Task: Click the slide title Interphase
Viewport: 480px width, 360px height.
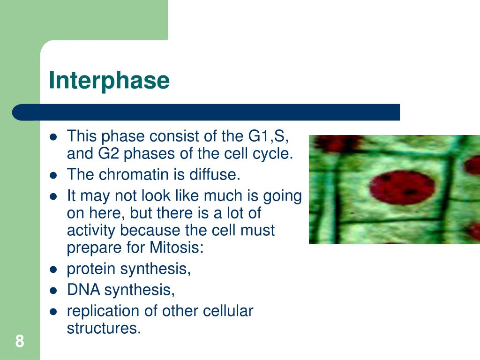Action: [x=109, y=80]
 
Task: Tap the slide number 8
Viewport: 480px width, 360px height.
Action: [x=20, y=341]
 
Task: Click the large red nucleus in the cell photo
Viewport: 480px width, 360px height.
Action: [x=402, y=187]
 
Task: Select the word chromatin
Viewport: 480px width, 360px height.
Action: [x=134, y=174]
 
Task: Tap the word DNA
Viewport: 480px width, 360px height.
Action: [x=83, y=290]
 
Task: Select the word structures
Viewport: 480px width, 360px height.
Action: [x=104, y=328]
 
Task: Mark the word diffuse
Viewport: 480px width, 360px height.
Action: [x=215, y=174]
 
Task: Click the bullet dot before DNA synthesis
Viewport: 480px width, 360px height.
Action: [x=53, y=290]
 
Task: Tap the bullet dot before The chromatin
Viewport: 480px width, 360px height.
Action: [x=53, y=175]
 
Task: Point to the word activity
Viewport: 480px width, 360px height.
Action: [x=90, y=231]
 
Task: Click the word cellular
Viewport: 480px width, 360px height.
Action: [x=228, y=311]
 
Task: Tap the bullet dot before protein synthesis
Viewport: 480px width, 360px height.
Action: [x=53, y=270]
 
